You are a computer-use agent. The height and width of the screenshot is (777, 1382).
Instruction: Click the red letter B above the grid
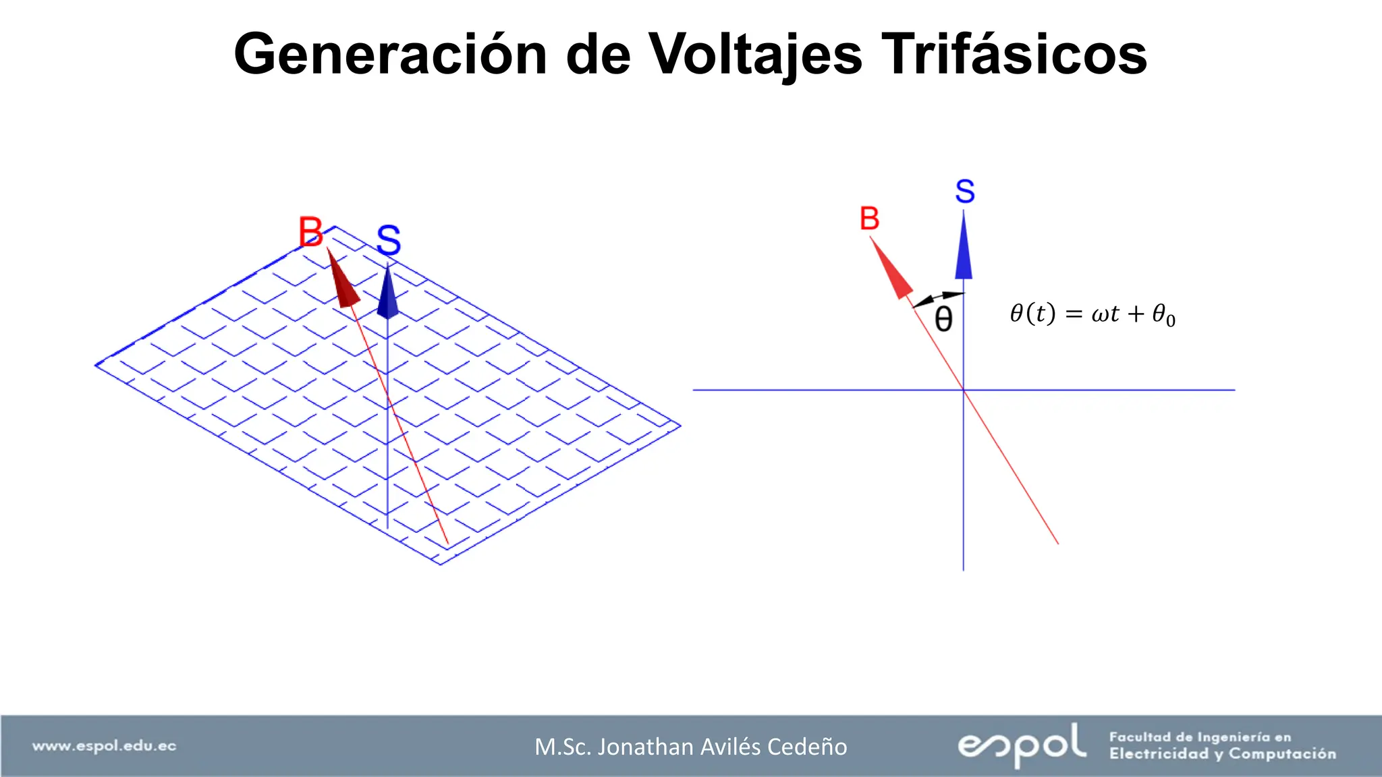pyautogui.click(x=311, y=232)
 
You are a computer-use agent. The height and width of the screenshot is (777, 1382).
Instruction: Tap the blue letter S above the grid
pyautogui.click(x=389, y=240)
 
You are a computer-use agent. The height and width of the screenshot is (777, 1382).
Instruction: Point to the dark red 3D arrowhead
pyautogui.click(x=343, y=282)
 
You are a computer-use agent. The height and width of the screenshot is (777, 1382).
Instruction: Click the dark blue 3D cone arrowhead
pyautogui.click(x=387, y=294)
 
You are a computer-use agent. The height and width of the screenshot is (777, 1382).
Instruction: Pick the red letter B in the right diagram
pyautogui.click(x=870, y=219)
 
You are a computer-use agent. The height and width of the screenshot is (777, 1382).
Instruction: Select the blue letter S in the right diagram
pyautogui.click(x=965, y=192)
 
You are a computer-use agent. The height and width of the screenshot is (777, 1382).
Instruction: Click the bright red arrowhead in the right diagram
pyautogui.click(x=893, y=270)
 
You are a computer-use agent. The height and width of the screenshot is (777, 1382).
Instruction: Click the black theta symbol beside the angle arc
pyautogui.click(x=943, y=319)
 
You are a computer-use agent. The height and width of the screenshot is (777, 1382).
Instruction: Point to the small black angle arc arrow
pyautogui.click(x=939, y=298)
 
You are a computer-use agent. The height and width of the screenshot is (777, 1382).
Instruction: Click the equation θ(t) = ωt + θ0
pyautogui.click(x=1092, y=314)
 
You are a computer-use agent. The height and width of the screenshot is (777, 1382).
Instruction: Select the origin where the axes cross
pyautogui.click(x=964, y=390)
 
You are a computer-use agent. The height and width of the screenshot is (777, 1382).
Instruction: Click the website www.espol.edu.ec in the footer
pyautogui.click(x=105, y=746)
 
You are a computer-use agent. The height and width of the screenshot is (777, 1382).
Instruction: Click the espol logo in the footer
pyautogui.click(x=1022, y=745)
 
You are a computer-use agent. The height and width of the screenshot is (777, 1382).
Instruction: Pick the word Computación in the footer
pyautogui.click(x=1281, y=754)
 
